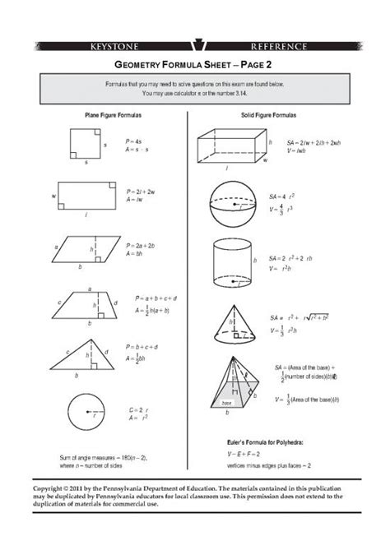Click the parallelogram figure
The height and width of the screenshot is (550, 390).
click(84, 248)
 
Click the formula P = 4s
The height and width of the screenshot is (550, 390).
click(135, 142)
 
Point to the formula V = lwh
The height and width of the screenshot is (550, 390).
click(296, 150)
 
